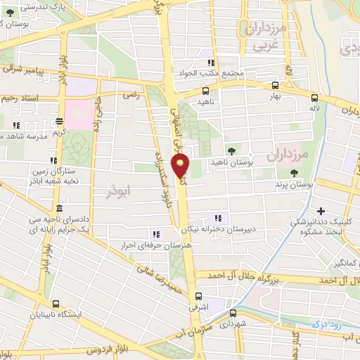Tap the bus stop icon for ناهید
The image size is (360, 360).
pyautogui.click(x=205, y=91)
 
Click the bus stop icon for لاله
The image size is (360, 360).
pyautogui.click(x=314, y=98)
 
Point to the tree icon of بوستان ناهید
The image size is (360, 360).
pyautogui.click(x=231, y=151)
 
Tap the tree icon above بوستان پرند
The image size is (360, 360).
pyautogui.click(x=294, y=172)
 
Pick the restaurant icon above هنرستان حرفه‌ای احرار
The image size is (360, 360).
pyautogui.click(x=155, y=234)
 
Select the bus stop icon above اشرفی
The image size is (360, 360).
pyautogui.click(x=199, y=296)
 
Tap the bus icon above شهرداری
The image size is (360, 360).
pyautogui.click(x=233, y=314)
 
